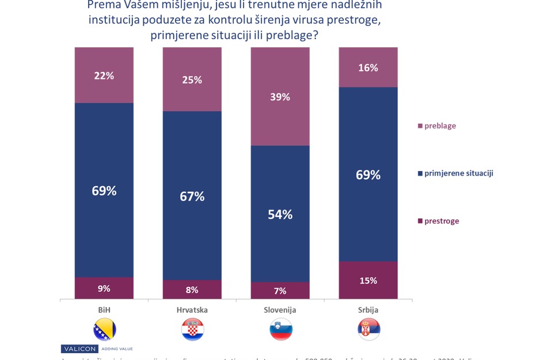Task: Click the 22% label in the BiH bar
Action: pos(104,75)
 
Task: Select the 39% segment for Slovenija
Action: pos(280,97)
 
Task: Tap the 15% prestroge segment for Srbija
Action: pos(368,281)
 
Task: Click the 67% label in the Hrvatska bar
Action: pos(192,196)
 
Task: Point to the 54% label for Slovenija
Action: pos(280,214)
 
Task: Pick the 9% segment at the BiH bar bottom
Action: pos(104,289)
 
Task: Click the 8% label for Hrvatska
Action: pos(192,290)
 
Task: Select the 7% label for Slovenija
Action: pos(280,291)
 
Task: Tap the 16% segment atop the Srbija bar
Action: pos(368,67)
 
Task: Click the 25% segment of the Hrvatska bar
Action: pos(192,79)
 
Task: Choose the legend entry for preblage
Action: pos(437,126)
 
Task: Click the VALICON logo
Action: pos(79,348)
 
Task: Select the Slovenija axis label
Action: pos(280,310)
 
